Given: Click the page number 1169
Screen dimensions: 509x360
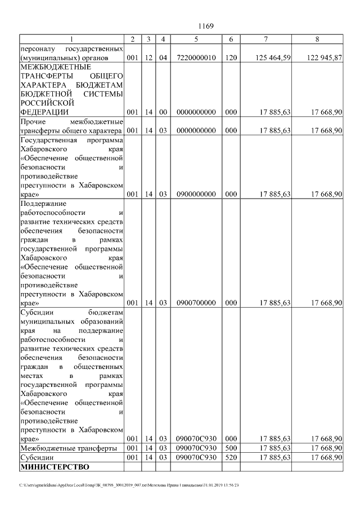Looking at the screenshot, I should [206, 26].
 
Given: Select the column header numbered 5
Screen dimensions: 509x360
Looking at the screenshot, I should [196, 39].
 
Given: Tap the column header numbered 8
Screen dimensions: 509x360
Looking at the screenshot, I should [317, 39].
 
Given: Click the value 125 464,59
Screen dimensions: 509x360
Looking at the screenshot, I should [272, 58].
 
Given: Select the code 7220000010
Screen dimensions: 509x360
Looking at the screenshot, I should [196, 58].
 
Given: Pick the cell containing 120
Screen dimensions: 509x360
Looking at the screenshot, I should [231, 58].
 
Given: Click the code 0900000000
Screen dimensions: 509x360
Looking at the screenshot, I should [196, 194].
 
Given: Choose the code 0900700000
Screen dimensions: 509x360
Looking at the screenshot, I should [196, 303].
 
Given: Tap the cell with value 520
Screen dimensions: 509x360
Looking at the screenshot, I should [231, 458].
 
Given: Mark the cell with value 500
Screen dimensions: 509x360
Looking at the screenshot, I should [231, 448].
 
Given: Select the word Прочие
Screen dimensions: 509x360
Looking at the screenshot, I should [33, 121].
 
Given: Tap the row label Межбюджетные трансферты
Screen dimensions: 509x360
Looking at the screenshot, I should [69, 448].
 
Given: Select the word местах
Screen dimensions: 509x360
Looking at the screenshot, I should [31, 375].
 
